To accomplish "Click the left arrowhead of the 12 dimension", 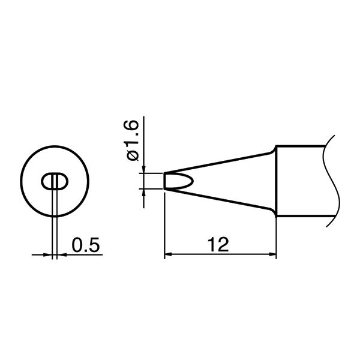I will click(169, 254).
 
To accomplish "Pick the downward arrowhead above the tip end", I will click(144, 169).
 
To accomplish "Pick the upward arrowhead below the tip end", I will click(144, 193).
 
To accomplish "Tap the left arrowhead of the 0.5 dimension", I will click(49, 254).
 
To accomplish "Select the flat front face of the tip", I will click(164, 181).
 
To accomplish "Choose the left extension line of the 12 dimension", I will click(164, 228).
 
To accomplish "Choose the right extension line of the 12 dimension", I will click(277, 237).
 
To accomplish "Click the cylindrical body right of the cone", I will click(300, 180).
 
